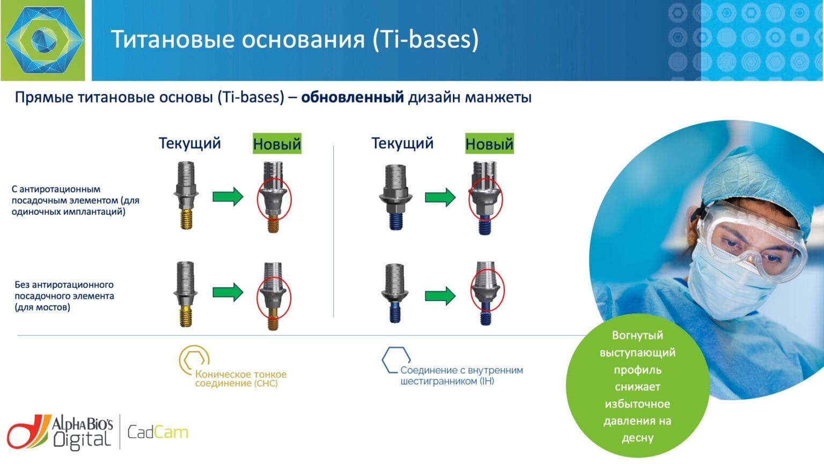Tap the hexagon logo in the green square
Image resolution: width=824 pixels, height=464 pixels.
[44, 40]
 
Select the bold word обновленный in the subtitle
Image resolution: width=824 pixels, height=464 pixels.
[352, 97]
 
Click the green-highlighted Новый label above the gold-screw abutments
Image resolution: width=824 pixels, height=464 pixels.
[277, 143]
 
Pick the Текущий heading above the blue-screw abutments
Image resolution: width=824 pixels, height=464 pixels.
[402, 143]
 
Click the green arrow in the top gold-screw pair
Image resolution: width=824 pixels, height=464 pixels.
[227, 196]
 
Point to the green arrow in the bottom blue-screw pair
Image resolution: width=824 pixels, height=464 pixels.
[440, 296]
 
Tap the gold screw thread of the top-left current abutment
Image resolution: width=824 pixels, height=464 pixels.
[186, 220]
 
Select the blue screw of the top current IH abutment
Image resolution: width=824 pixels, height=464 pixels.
[395, 221]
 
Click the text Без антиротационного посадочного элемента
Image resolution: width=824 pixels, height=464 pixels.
[64, 296]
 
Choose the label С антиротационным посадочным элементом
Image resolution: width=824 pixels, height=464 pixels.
[76, 200]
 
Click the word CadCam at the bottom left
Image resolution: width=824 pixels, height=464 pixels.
[158, 432]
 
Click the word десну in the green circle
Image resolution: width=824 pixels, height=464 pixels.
[637, 438]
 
